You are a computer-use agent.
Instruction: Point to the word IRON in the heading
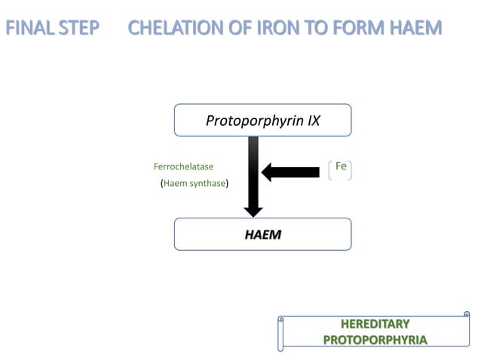coord(281,29)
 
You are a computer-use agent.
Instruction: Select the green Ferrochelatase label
coord(183,166)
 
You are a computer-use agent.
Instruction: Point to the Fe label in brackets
coord(341,166)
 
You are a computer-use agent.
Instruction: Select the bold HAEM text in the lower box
coord(262,234)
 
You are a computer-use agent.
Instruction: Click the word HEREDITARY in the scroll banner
coord(375,325)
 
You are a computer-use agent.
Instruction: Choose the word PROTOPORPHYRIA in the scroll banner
coord(375,340)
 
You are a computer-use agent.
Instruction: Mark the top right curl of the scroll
coord(467,313)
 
